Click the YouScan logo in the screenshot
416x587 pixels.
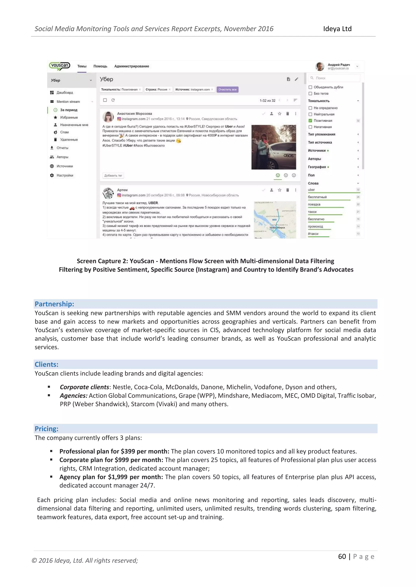pos(60,66)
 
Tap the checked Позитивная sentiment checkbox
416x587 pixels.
pos(310,121)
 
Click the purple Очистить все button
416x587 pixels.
pos(227,89)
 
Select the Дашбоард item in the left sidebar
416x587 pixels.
pos(65,93)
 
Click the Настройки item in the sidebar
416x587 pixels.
pos(65,175)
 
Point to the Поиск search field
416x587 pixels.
pos(334,78)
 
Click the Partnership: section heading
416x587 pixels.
pos(54,304)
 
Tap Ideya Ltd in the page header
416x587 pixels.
pos(337,29)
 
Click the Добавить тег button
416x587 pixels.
pos(113,176)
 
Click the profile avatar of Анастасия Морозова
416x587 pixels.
pos(108,117)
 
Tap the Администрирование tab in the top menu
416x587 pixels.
pos(131,66)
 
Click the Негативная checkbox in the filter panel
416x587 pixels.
pos(310,127)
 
